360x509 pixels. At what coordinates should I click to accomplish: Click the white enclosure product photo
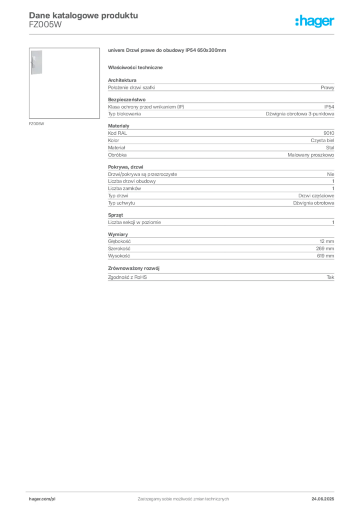pos(36,62)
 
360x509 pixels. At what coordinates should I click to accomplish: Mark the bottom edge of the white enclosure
pos(36,75)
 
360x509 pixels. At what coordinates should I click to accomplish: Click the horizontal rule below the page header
pos(199,33)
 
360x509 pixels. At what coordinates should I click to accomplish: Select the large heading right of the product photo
pos(167,51)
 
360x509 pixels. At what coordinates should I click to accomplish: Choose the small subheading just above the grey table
pos(137,67)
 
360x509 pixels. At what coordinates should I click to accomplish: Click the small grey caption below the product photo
pos(38,123)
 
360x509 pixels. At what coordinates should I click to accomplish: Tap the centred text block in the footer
pos(182,498)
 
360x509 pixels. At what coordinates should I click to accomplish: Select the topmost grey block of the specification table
pos(221,87)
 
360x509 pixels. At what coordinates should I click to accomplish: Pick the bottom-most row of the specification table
pos(221,276)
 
